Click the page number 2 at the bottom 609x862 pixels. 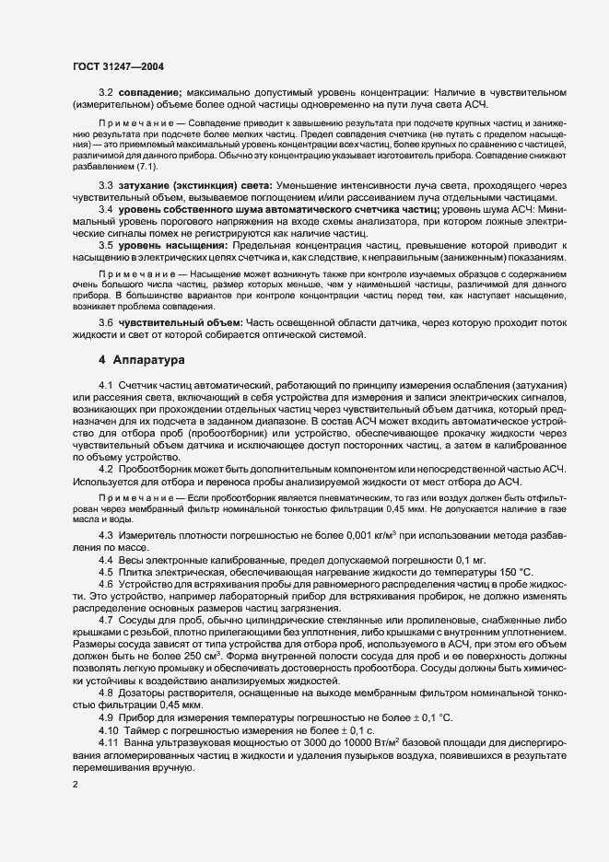click(x=76, y=784)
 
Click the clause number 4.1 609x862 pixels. click(x=105, y=383)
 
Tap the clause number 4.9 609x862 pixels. click(x=105, y=716)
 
